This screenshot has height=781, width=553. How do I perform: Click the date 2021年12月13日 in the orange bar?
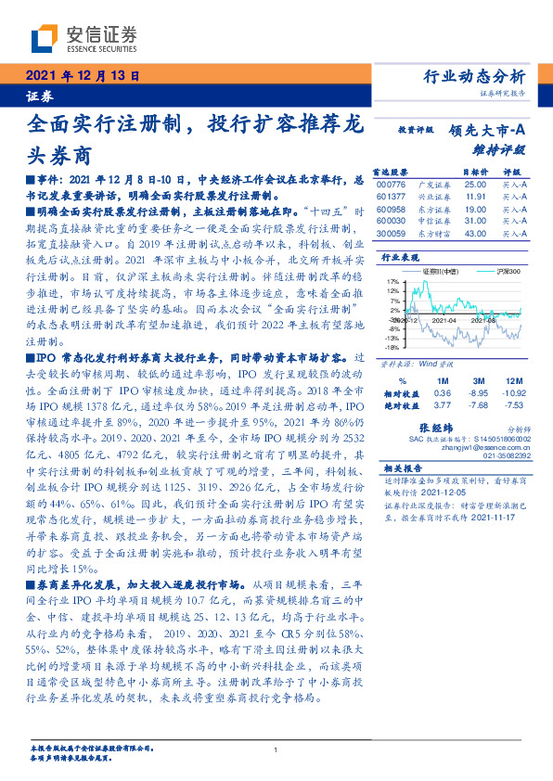click(x=82, y=77)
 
